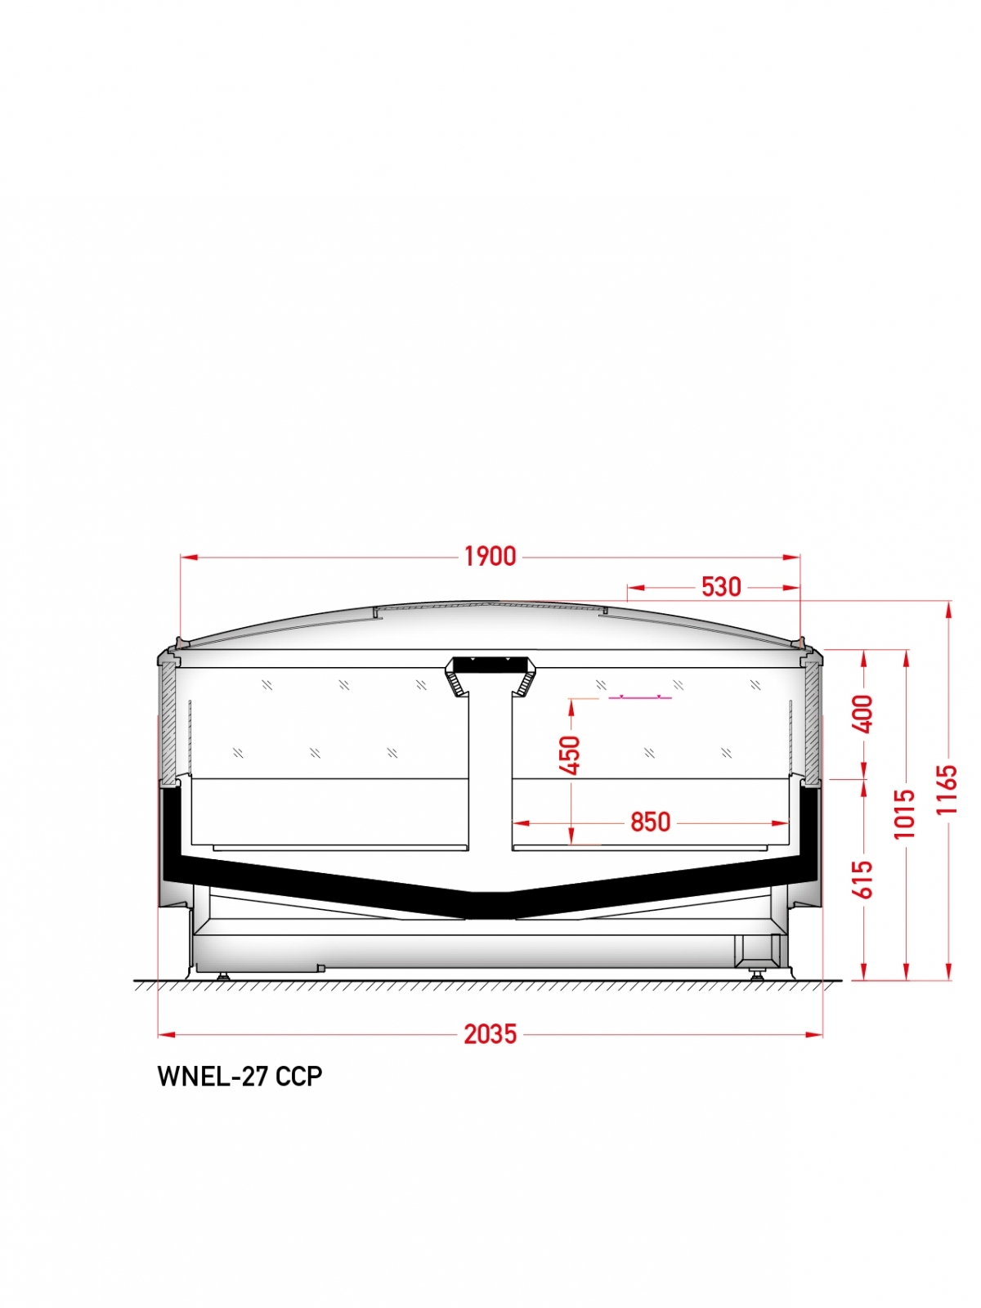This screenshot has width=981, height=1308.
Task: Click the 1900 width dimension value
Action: click(x=490, y=557)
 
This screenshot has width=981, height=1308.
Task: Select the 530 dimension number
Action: click(x=721, y=587)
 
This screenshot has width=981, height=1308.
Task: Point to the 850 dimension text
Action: click(x=651, y=822)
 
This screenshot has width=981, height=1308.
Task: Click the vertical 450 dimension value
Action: click(x=571, y=755)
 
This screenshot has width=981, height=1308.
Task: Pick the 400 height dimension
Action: click(x=863, y=714)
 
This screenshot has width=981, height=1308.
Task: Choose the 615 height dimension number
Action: click(x=863, y=880)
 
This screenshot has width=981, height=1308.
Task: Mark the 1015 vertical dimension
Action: click(x=904, y=813)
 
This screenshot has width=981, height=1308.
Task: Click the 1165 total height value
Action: click(x=947, y=789)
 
